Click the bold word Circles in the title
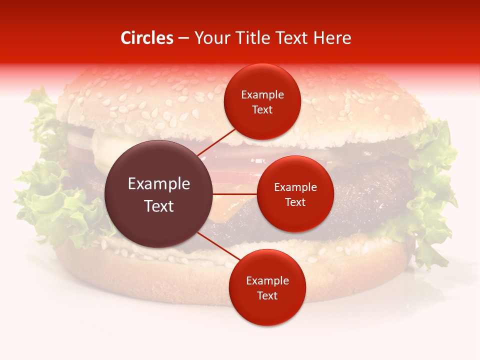146,38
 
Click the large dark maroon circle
158,194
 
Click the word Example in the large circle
159,184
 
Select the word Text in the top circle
262,110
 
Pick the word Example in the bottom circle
267,281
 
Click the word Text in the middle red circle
295,202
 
